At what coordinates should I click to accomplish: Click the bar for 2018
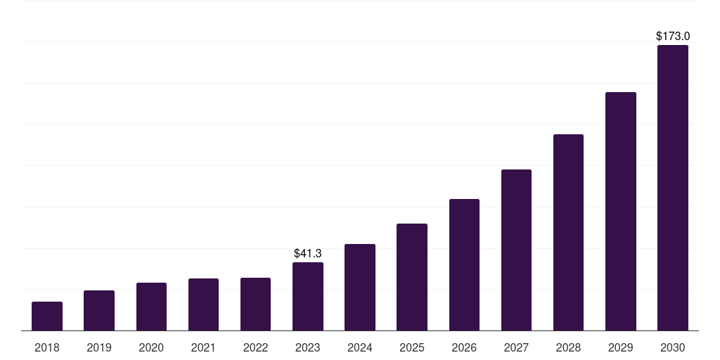tap(47, 316)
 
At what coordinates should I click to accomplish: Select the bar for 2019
tap(99, 311)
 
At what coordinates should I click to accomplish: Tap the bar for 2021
tap(203, 304)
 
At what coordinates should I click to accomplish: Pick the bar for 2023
tap(308, 297)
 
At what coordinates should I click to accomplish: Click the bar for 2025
tap(412, 277)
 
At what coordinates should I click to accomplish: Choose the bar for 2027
tap(516, 250)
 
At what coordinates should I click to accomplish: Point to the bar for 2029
tap(621, 212)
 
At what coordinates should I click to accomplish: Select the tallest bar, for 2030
tap(673, 188)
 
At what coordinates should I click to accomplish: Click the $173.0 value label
tap(673, 36)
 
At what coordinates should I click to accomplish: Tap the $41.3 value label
tap(308, 253)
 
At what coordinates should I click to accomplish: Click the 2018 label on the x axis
tap(47, 347)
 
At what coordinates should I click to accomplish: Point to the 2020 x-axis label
tap(151, 347)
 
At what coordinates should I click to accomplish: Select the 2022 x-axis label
tap(256, 347)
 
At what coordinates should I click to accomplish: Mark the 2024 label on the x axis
tap(360, 347)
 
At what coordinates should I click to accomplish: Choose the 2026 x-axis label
tap(464, 347)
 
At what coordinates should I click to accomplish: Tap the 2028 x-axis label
tap(568, 347)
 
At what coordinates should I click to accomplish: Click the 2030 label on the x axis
tap(673, 347)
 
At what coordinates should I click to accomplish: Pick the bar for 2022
tap(256, 304)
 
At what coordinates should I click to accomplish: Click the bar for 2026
tap(464, 265)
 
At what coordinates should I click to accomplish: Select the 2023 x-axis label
tap(308, 347)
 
